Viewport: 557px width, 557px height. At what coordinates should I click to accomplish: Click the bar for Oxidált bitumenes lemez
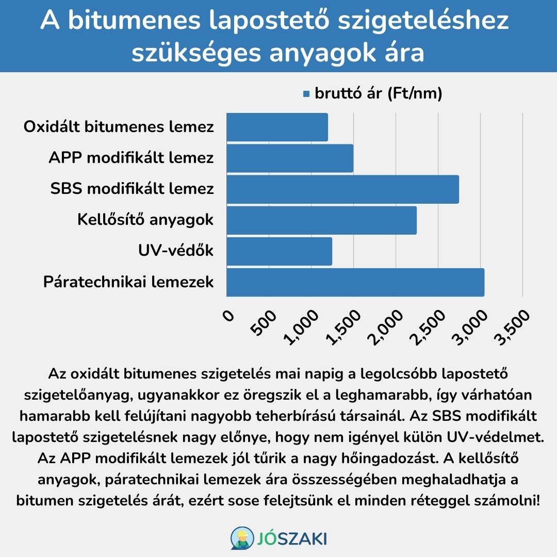point(277,127)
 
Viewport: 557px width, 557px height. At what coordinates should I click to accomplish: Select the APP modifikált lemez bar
point(290,158)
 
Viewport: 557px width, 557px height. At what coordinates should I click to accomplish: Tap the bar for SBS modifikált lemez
point(343,189)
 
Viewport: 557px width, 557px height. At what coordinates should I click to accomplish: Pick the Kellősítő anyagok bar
point(321,220)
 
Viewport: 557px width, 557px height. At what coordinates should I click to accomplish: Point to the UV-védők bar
point(279,251)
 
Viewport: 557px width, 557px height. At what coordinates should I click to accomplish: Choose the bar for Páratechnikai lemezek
point(355,283)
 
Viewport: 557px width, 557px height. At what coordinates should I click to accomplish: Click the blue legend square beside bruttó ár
point(306,94)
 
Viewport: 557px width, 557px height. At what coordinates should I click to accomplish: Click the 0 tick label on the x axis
point(228,316)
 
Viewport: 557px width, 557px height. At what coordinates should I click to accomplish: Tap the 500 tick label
point(263,322)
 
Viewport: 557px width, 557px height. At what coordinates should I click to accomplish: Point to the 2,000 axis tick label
point(385,327)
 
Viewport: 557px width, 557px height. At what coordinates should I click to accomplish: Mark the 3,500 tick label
point(512,327)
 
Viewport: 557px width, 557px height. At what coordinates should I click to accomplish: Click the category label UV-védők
point(176,251)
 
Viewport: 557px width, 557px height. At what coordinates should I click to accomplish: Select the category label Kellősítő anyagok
point(145,220)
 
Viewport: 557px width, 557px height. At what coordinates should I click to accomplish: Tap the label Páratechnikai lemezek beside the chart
point(128,282)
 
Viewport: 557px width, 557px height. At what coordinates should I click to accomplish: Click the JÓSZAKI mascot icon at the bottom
point(242,537)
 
